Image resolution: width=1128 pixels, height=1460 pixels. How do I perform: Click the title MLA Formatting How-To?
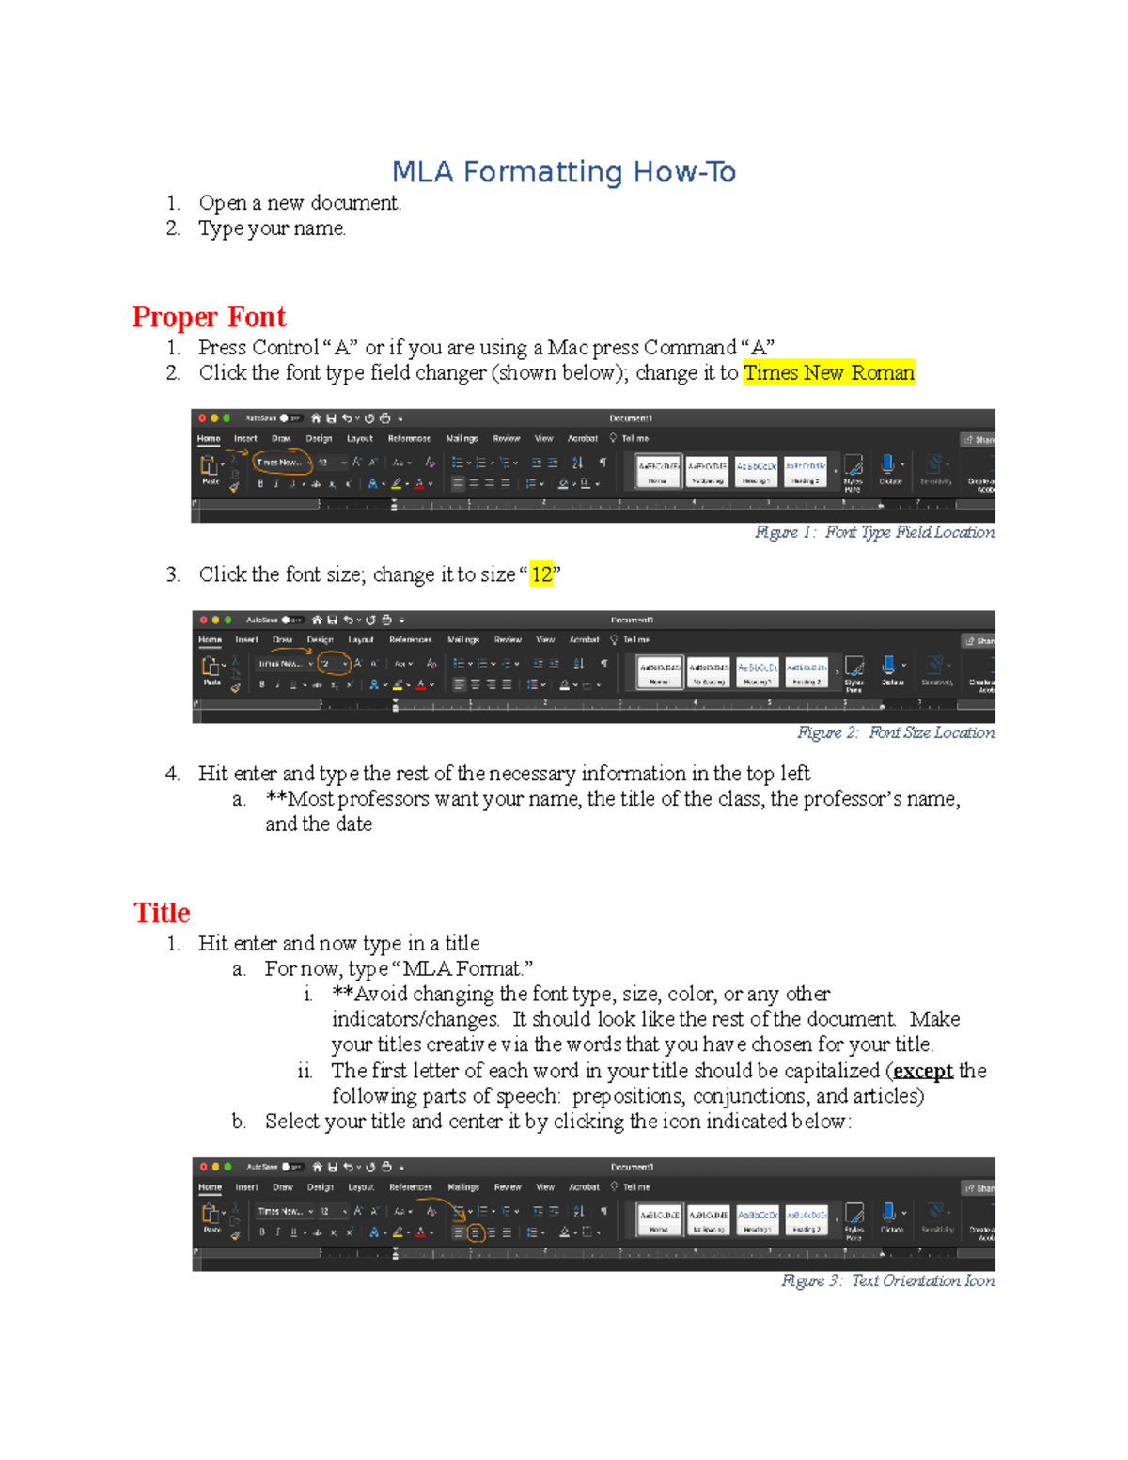[563, 172]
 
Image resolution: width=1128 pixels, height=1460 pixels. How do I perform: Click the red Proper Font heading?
[209, 317]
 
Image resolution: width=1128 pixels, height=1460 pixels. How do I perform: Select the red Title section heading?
[162, 913]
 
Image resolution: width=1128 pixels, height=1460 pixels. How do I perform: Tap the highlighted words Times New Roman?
[828, 373]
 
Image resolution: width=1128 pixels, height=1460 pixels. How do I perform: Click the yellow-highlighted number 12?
[541, 574]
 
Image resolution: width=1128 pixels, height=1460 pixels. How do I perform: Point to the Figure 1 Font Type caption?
[874, 532]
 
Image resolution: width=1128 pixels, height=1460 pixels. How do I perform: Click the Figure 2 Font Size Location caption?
[895, 732]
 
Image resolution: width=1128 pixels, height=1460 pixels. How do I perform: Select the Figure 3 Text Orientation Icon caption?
[887, 1280]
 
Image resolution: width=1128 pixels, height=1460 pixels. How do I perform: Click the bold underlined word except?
[922, 1071]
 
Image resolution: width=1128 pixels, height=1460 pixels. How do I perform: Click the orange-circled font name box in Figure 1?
[280, 463]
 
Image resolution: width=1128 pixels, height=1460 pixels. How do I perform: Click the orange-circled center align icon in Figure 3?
[476, 1232]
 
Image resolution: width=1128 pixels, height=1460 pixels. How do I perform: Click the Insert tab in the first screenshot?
[245, 438]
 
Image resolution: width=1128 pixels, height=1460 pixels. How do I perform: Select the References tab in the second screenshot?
[410, 639]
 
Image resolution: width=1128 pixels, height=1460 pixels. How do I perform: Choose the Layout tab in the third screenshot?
[361, 1187]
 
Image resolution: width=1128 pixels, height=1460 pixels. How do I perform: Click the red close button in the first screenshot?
[202, 418]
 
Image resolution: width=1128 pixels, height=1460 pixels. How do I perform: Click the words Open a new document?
[300, 203]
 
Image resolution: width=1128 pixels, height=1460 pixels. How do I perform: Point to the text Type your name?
[272, 228]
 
